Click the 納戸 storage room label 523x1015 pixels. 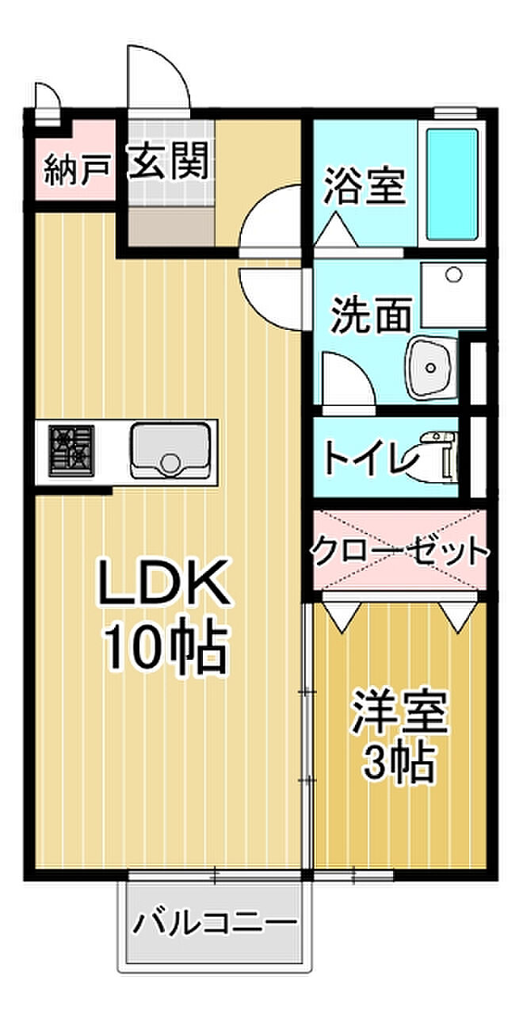(x=76, y=170)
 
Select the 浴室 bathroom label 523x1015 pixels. (x=364, y=187)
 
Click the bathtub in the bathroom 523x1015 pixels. (x=452, y=184)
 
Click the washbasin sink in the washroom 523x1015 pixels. (x=430, y=367)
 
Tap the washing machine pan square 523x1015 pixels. (x=452, y=295)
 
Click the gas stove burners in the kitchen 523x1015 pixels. (x=71, y=450)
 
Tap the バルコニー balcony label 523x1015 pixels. (x=214, y=925)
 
